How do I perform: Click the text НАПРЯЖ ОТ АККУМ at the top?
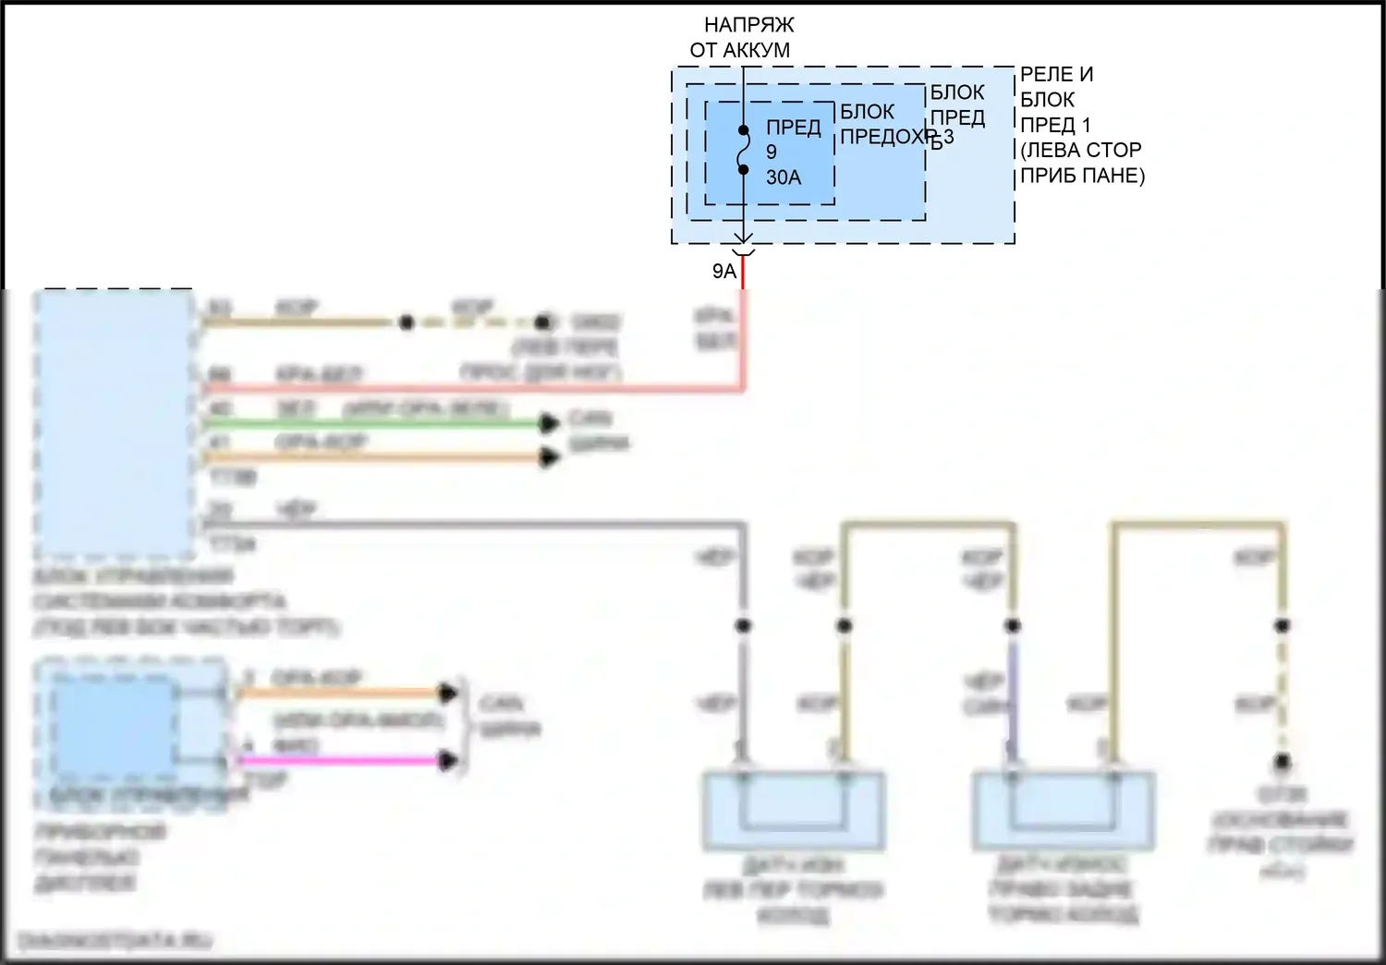pos(741,37)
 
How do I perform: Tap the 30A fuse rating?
pos(784,177)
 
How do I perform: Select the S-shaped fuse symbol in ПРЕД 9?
pos(743,150)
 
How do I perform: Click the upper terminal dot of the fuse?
pos(743,130)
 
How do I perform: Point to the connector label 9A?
pos(724,271)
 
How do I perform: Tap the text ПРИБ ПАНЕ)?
pos(1082,176)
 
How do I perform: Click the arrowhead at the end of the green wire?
pos(549,423)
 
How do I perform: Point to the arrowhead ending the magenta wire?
pos(448,761)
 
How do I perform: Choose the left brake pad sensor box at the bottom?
pos(794,811)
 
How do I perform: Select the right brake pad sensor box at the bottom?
pos(1063,811)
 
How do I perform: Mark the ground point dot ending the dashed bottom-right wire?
pos(1282,763)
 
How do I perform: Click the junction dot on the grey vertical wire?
pos(743,626)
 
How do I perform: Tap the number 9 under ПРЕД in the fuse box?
pos(772,152)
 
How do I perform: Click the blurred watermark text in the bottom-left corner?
pos(115,941)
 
